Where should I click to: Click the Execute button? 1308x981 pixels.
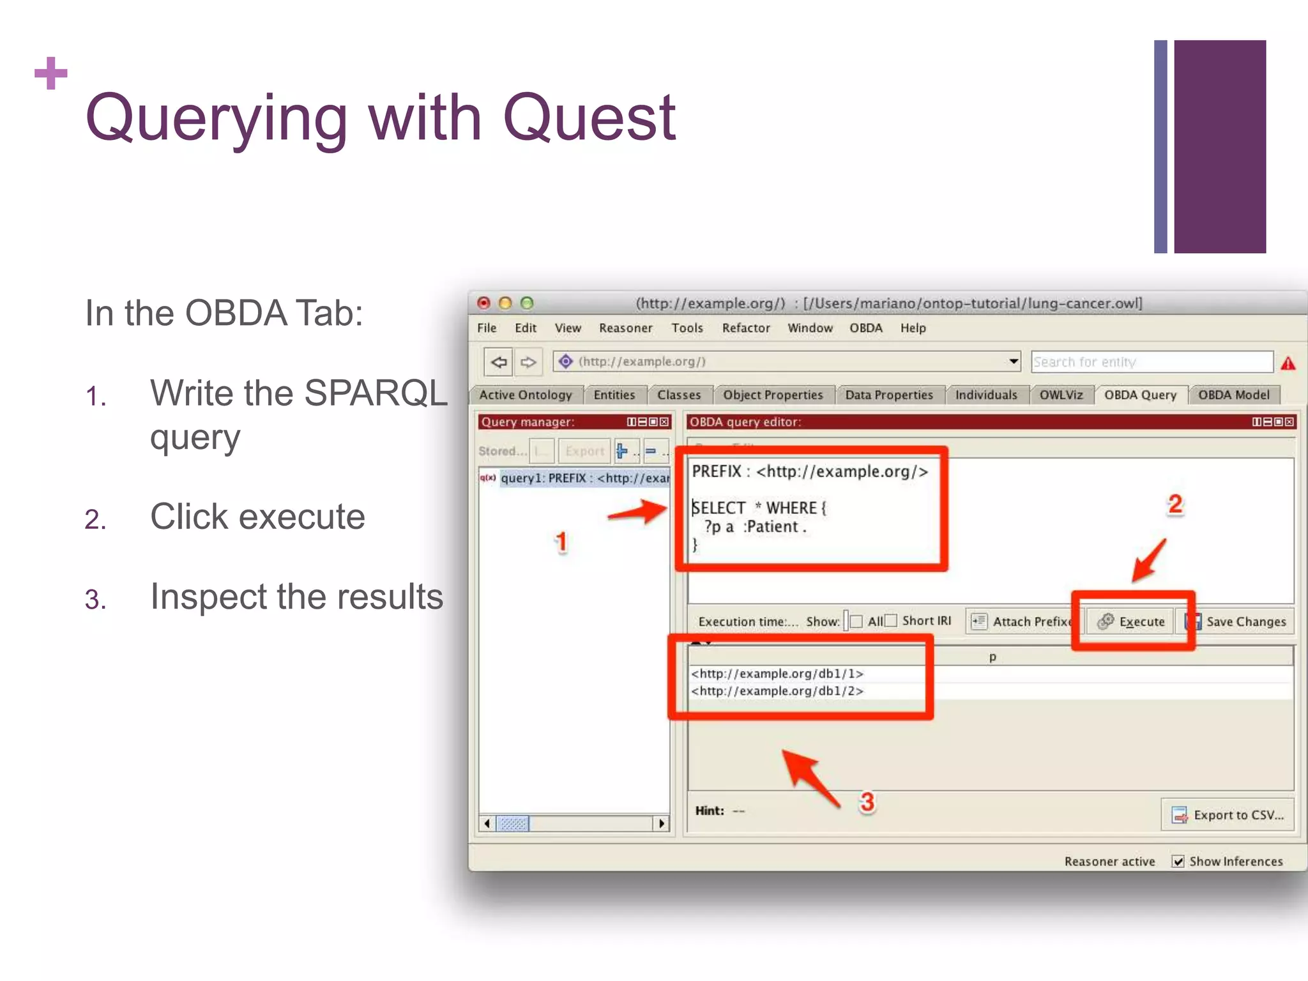(1131, 621)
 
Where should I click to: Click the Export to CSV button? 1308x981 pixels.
(1227, 815)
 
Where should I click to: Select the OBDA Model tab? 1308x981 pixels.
(1233, 395)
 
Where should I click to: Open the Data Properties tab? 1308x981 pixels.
(888, 395)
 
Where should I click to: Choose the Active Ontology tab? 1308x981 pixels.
(525, 395)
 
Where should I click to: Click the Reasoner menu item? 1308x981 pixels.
(625, 328)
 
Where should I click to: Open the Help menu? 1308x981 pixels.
(913, 328)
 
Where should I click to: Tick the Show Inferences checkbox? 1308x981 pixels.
(1178, 862)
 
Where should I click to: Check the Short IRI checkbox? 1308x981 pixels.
(891, 621)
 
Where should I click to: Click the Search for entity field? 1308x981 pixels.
(1151, 362)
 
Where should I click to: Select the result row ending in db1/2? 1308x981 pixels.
(777, 691)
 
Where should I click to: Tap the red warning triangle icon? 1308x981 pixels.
(1288, 363)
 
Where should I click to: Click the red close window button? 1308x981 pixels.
(483, 303)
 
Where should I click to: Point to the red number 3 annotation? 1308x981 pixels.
(867, 802)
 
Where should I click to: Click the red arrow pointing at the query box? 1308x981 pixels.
(637, 512)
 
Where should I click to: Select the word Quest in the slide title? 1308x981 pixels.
(589, 118)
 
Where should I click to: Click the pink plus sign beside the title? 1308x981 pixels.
(51, 73)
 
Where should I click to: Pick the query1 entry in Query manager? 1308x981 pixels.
(583, 478)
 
